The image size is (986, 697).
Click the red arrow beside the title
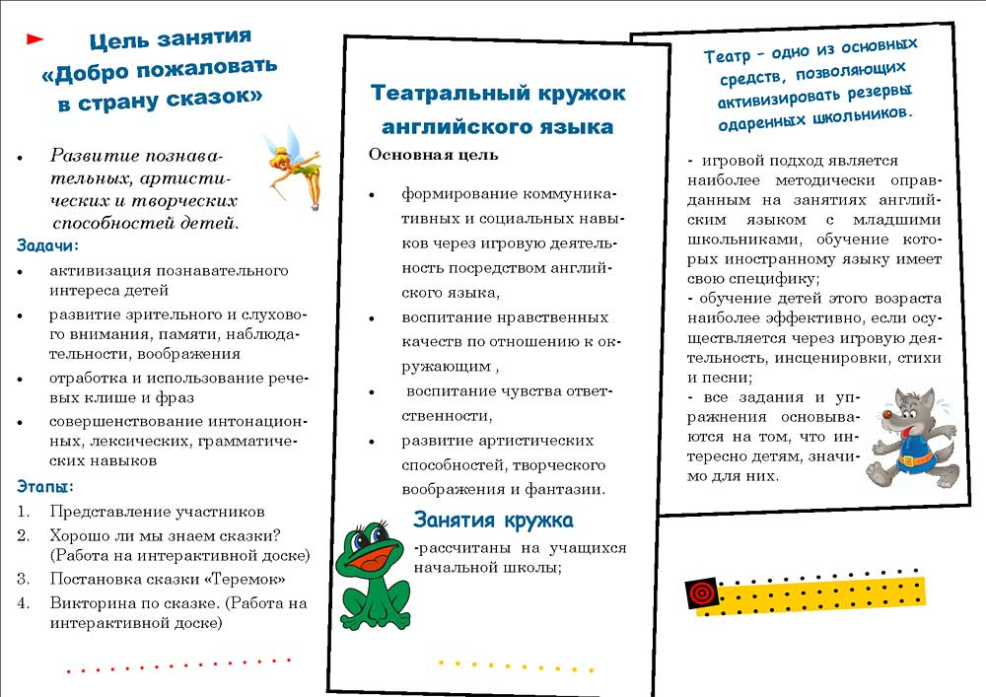point(35,39)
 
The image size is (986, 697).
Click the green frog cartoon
point(372,578)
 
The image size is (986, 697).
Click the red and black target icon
point(700,592)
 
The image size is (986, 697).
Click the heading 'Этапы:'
point(45,486)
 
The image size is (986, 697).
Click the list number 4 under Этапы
point(23,601)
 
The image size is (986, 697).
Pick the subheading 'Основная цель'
point(433,155)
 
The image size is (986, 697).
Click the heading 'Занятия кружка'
point(493,520)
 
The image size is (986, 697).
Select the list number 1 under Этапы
point(23,512)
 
